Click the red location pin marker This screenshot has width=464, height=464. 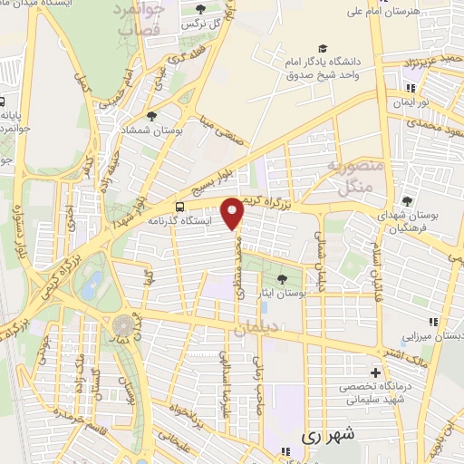pyautogui.click(x=234, y=213)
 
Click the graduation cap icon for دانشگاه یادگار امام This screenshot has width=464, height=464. pyautogui.click(x=323, y=48)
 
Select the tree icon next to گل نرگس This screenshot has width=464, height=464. pyautogui.click(x=199, y=8)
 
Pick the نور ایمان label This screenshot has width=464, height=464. pyautogui.click(x=433, y=103)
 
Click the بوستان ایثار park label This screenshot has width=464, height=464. pyautogui.click(x=305, y=294)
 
